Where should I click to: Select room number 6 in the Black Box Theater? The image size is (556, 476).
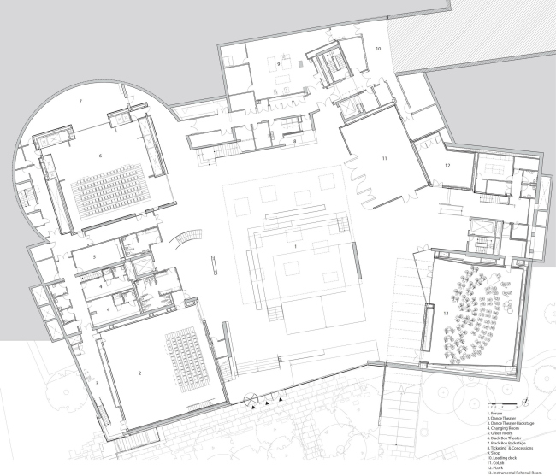(x=101, y=156)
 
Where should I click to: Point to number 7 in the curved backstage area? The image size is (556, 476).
(x=80, y=102)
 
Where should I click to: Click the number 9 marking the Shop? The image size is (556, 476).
(x=279, y=64)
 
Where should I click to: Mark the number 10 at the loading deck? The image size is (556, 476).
(x=378, y=50)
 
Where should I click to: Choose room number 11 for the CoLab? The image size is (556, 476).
(x=385, y=160)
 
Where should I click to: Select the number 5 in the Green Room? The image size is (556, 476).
(x=95, y=256)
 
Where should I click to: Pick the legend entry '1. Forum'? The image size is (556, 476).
(x=494, y=411)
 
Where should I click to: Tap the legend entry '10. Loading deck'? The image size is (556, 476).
(x=499, y=457)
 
